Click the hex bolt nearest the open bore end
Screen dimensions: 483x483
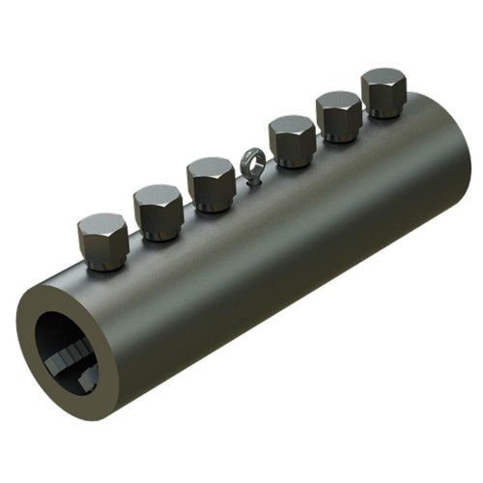point(102,241)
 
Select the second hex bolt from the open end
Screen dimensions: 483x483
point(158,212)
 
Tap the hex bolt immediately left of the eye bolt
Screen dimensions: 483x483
point(210,185)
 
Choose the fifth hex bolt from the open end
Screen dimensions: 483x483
point(338,117)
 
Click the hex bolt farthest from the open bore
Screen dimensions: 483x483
point(384,93)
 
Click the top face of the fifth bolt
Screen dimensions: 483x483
point(338,100)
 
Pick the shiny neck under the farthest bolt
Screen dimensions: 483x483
point(384,114)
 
